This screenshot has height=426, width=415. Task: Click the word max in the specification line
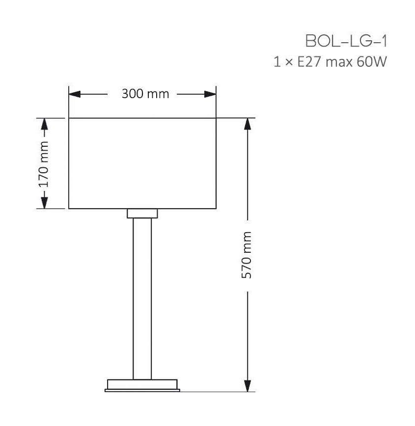[x=338, y=63]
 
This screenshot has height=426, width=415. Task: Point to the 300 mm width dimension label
[x=145, y=94]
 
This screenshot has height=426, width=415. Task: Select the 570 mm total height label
[x=248, y=255]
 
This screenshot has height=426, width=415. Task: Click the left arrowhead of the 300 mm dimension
[x=74, y=94]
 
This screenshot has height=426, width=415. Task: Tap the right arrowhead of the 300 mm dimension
[x=210, y=94]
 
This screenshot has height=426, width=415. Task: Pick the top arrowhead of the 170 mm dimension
[x=45, y=123]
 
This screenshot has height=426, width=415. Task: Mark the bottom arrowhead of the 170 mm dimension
[x=45, y=203]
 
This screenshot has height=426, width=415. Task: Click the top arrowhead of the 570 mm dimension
[x=248, y=124]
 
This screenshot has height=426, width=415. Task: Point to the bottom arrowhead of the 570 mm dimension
[x=248, y=386]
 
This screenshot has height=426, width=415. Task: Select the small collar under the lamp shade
[x=142, y=213]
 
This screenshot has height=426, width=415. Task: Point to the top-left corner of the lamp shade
[x=69, y=118]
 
